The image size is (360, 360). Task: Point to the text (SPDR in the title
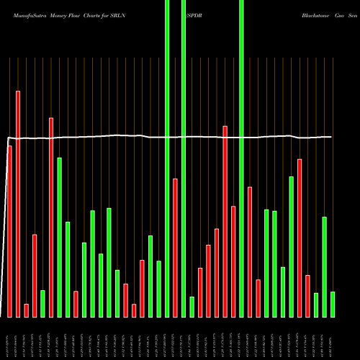[193, 14]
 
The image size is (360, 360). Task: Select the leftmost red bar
[10, 231]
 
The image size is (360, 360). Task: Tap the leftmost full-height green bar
[167, 158]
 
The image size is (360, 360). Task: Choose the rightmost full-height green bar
[241, 158]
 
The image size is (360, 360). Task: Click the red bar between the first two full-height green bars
[175, 248]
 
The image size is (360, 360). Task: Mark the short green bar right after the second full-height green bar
[192, 307]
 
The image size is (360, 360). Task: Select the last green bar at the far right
[333, 304]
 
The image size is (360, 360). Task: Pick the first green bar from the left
[43, 303]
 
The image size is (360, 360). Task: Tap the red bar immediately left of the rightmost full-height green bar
[233, 261]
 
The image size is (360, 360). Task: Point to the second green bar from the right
[324, 266]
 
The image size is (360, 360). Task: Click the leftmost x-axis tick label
[9, 339]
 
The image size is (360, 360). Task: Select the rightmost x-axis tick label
[332, 339]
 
